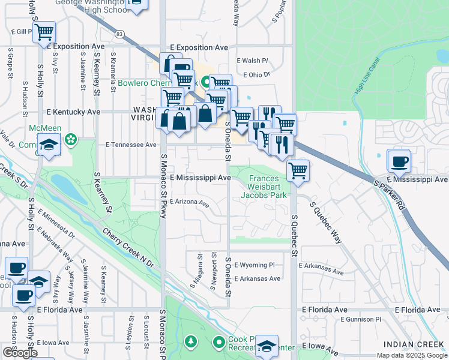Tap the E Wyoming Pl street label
[x=254, y=265]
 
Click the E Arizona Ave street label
[x=189, y=203]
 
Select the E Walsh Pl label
[x=252, y=61]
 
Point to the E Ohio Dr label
[x=257, y=75]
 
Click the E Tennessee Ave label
[x=131, y=145]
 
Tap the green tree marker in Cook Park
[x=191, y=342]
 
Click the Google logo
[x=20, y=353]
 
